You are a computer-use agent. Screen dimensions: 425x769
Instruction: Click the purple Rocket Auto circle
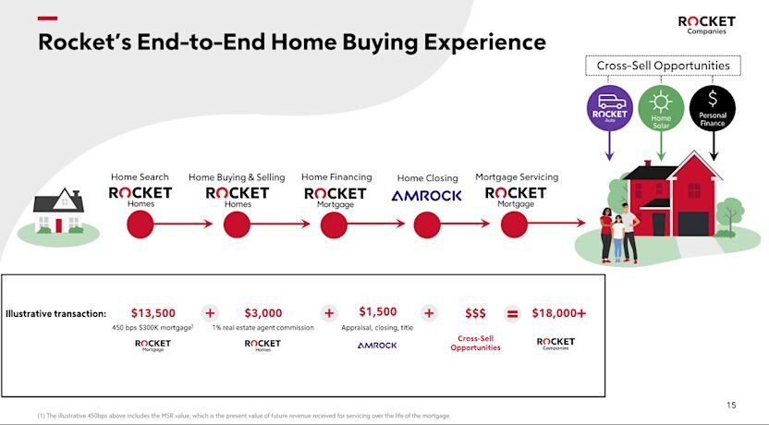point(609,107)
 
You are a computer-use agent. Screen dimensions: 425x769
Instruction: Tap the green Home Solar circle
point(661,107)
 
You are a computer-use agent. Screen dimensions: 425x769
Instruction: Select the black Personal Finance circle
point(713,107)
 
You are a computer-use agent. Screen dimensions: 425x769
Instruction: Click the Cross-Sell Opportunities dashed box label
point(662,66)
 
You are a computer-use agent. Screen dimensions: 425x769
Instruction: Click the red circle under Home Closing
point(427,224)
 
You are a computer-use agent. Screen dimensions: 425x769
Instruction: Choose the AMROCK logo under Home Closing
point(427,196)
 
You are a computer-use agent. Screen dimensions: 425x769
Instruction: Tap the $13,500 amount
point(153,313)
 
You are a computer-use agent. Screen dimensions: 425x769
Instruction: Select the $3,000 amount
point(263,313)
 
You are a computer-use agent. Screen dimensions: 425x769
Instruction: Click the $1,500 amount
point(377,312)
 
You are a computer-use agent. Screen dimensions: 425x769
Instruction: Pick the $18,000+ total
point(558,313)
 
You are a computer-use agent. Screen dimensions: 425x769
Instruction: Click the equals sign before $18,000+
point(513,313)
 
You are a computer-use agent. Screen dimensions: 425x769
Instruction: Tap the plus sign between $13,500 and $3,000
point(210,313)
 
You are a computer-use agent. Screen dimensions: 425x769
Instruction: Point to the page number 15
point(732,405)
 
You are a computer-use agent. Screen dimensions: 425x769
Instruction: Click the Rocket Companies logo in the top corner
point(707,24)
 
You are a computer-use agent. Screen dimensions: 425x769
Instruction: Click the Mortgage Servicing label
point(517,176)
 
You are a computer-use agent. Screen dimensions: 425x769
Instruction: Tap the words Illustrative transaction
point(55,314)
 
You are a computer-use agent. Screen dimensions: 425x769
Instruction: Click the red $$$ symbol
point(475,314)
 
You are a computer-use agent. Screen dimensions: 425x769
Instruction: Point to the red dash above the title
point(47,18)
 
